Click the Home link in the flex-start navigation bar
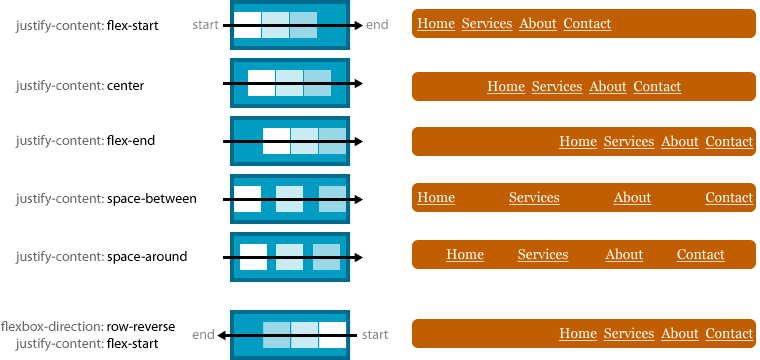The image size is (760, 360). (x=435, y=23)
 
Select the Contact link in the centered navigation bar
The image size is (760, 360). (x=657, y=87)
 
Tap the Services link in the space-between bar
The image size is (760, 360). (x=534, y=197)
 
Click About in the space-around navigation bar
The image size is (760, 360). (x=624, y=254)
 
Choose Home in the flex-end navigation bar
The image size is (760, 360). (x=578, y=141)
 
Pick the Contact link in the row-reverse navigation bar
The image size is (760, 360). (x=729, y=333)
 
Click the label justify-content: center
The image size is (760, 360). (x=80, y=86)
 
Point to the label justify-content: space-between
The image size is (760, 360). (x=106, y=199)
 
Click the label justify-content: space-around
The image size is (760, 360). (x=101, y=257)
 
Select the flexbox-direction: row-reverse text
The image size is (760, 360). (x=88, y=326)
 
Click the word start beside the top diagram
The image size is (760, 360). (x=205, y=24)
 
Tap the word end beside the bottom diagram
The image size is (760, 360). (x=203, y=335)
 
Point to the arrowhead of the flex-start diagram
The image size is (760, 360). (x=357, y=25)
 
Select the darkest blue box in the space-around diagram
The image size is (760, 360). (x=326, y=257)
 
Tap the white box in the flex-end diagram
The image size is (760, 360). (x=276, y=141)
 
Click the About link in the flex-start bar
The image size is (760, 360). (x=538, y=23)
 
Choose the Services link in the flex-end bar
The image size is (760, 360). (x=629, y=141)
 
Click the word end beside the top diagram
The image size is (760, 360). (x=378, y=24)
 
